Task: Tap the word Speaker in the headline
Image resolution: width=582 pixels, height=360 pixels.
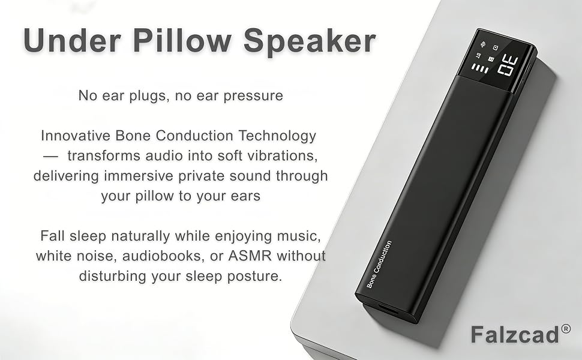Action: coord(310,41)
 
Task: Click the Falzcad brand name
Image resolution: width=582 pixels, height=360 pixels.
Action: coord(515,334)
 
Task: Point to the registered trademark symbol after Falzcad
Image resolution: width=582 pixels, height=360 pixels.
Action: coord(566,329)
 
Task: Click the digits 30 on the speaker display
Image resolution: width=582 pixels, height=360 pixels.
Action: coord(508,65)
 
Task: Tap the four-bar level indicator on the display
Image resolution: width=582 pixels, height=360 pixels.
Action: coord(481,68)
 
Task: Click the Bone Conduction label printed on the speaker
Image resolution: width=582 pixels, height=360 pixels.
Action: coord(379,264)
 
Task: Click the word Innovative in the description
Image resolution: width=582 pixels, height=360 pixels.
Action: coord(76,136)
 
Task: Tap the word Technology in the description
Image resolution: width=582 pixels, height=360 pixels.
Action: coord(277,136)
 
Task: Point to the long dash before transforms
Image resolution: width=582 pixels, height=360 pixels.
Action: coord(50,156)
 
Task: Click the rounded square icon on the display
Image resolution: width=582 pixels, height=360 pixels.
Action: coord(496,47)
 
